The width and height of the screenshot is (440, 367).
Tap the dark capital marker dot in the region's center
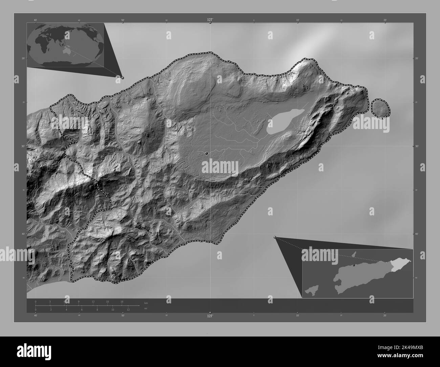pos(206,153)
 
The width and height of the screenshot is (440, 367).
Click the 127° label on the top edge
pos(210,20)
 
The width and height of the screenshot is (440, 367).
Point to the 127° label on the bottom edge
pos(210,316)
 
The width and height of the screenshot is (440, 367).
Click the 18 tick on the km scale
pos(122,301)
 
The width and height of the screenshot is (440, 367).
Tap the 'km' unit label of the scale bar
pos(146,303)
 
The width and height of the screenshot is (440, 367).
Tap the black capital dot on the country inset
pos(353,265)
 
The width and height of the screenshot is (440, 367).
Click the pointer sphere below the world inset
pos(123,78)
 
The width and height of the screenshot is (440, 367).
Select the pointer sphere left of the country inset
pos(274,237)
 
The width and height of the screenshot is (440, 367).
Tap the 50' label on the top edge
pos(123,20)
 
